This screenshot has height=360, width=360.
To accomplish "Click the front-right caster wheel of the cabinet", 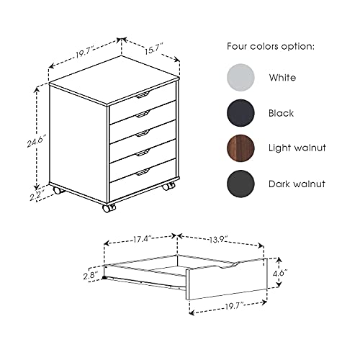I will (168, 186).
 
